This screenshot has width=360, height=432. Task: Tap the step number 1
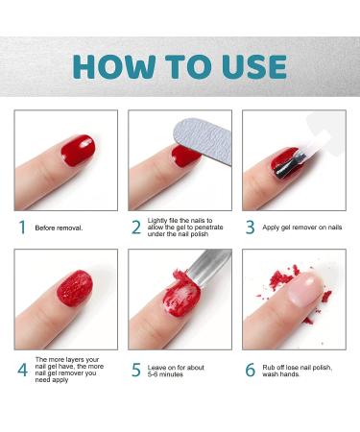22,228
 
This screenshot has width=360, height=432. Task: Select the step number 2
136,228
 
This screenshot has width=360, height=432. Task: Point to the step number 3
251,228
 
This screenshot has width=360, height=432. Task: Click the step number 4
22,370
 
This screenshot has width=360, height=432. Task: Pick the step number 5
136,370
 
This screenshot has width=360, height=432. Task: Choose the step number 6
251,370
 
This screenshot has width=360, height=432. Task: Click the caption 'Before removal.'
59,228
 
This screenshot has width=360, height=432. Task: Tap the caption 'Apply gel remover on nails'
302,228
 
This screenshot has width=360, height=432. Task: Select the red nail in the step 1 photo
78,150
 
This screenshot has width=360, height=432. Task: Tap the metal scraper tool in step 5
209,267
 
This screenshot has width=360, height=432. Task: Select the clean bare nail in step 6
306,289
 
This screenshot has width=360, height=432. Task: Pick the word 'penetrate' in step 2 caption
208,228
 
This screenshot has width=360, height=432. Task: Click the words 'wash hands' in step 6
280,374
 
